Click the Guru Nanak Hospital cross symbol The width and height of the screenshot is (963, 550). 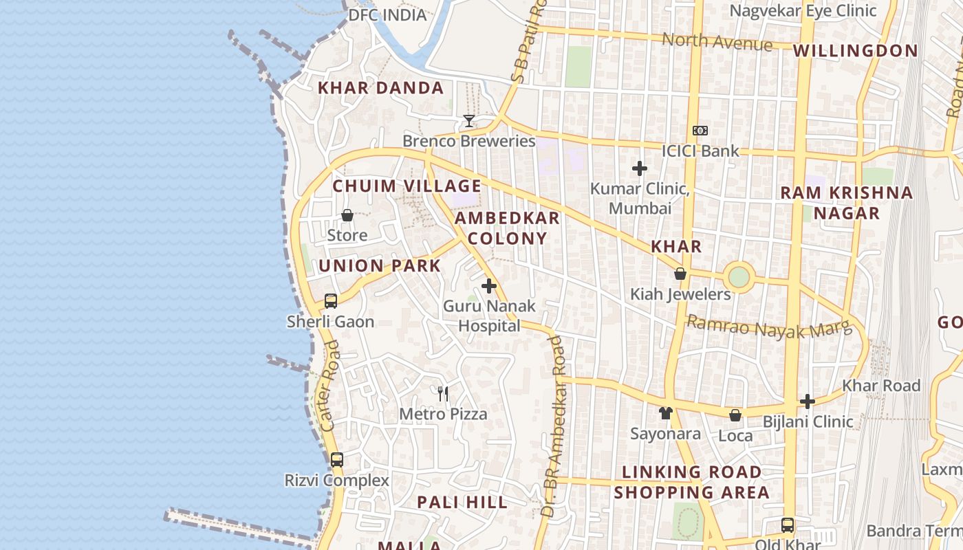tap(489, 286)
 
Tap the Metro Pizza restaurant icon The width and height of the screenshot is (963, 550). tap(443, 394)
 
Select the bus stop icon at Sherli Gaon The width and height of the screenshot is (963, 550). tap(331, 301)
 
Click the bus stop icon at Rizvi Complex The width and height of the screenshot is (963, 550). tap(336, 460)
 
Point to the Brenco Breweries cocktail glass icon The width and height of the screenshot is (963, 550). tap(469, 121)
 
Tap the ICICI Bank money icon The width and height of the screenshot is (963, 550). tap(700, 131)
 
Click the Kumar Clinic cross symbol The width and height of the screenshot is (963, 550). tap(640, 168)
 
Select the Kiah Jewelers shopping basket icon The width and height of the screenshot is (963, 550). tap(680, 274)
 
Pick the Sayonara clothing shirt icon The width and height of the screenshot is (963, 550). tap(665, 413)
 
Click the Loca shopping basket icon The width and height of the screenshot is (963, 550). tap(735, 415)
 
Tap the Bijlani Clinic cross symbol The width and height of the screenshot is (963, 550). tap(808, 401)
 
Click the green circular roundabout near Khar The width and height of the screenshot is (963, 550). tap(739, 278)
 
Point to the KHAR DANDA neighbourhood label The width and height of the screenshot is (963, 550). tap(380, 88)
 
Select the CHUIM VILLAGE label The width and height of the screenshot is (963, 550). tap(407, 186)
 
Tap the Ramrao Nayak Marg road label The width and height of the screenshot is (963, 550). tap(764, 327)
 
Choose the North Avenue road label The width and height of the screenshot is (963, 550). tap(717, 42)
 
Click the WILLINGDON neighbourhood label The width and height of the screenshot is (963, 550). tap(855, 51)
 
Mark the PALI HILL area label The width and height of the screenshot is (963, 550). tap(462, 503)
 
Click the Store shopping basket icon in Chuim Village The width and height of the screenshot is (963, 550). tap(347, 216)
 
